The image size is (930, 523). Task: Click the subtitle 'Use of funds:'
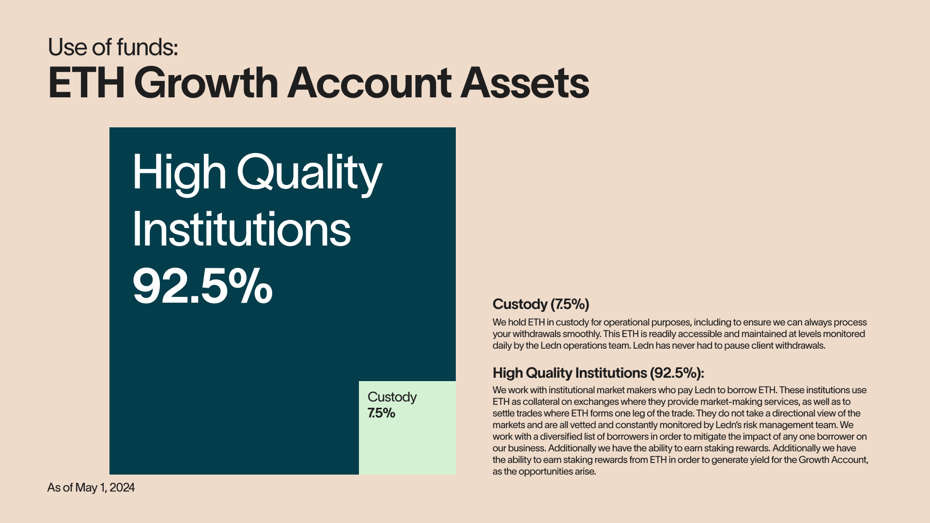pos(113,47)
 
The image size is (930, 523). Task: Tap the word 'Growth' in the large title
pos(209,83)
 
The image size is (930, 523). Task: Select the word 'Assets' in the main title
pos(525,83)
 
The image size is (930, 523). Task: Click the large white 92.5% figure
pos(202,286)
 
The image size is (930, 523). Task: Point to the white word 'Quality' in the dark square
pos(310,173)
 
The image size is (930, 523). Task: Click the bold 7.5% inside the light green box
pos(381,413)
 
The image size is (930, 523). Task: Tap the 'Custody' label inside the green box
pos(392,397)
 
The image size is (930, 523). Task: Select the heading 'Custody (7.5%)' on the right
pos(541,304)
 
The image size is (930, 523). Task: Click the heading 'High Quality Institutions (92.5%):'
pos(598,373)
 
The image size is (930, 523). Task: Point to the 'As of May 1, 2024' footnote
pos(91,488)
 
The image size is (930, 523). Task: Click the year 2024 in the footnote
pos(122,487)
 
